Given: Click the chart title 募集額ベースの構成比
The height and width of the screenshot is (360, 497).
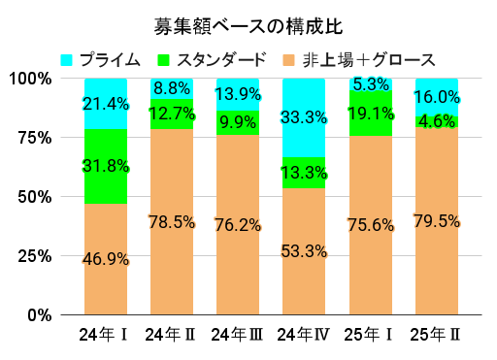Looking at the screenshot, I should coord(248,24).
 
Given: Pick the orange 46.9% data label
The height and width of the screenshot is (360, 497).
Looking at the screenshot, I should coord(106,259).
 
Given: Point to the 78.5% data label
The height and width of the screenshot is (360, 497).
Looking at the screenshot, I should coord(172,222).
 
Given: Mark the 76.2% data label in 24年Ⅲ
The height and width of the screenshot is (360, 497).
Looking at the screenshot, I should coord(238,224).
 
